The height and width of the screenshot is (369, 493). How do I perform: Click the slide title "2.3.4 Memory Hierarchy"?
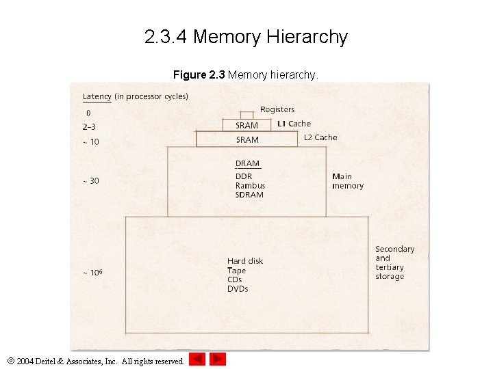pos(246,37)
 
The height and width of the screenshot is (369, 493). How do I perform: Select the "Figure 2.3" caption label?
pos(199,74)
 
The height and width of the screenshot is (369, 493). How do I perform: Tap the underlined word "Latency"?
pos(97,96)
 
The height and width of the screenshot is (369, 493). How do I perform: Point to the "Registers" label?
pos(277,109)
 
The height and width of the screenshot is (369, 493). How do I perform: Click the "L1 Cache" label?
pos(294,124)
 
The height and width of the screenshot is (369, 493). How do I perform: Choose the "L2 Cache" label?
pos(320,137)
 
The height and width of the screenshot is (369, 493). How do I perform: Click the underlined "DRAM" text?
pos(247,163)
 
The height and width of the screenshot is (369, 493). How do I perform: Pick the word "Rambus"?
pos(250,186)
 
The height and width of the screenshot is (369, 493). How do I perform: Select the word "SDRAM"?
pos(249,195)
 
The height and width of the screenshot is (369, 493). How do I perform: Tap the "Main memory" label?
pos(348,181)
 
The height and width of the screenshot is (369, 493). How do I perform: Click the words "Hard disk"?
pos(245,261)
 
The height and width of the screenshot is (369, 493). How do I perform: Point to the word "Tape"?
pos(236,271)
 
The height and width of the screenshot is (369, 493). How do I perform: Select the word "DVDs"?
pos(238,289)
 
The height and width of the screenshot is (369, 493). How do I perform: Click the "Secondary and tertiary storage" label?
pos(394,263)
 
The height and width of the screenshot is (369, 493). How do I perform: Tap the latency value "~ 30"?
pos(90,181)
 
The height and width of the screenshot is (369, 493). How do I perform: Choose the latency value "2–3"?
pos(90,126)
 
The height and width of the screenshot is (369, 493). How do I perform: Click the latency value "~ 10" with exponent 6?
pos(92,273)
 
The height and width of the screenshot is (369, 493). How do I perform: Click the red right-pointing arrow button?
pos(218,359)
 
